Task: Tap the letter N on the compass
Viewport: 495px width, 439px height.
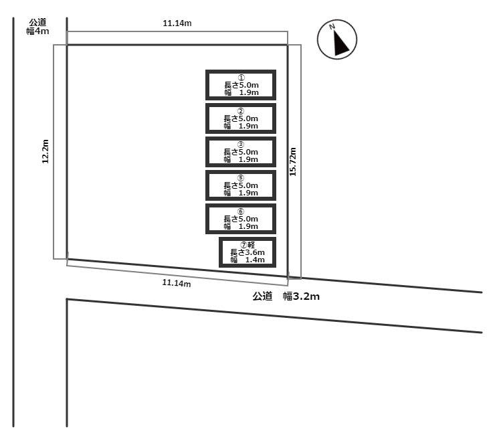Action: (332, 27)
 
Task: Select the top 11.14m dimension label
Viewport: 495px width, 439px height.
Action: (177, 23)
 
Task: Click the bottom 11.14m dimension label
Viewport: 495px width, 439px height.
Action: (177, 282)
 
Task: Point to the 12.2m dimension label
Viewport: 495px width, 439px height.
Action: (45, 151)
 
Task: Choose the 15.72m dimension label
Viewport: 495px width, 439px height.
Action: (293, 162)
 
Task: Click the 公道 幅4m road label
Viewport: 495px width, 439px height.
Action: (37, 27)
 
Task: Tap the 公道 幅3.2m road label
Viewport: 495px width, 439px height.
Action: (286, 296)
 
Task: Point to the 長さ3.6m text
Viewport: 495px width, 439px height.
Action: (248, 252)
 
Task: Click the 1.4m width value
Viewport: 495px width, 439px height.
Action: (255, 260)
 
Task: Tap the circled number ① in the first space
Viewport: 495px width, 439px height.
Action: (241, 78)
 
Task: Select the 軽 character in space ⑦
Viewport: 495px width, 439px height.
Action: (252, 244)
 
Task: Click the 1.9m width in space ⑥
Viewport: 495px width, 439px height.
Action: (248, 226)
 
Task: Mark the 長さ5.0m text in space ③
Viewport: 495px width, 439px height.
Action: (241, 152)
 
